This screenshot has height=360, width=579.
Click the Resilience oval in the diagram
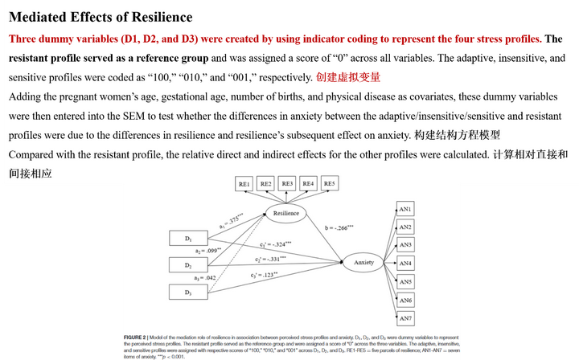[x=286, y=213]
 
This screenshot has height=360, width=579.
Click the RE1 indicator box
[x=244, y=184]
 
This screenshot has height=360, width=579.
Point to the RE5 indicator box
[x=328, y=184]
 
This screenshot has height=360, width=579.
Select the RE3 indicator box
[x=286, y=184]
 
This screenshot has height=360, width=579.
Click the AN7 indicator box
[x=406, y=318]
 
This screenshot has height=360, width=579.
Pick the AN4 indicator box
[x=406, y=264]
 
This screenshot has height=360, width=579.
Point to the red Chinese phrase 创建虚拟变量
[x=348, y=78]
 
